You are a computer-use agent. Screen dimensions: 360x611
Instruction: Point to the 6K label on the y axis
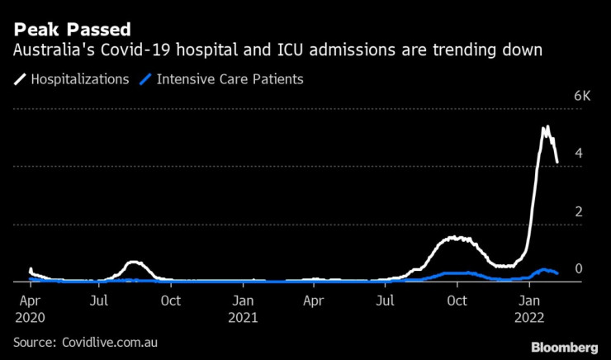pyautogui.click(x=583, y=97)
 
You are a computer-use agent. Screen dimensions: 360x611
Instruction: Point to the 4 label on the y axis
pyautogui.click(x=578, y=154)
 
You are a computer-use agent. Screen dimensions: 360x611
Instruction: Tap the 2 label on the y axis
pyautogui.click(x=578, y=211)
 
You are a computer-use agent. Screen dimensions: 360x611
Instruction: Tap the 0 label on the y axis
pyautogui.click(x=578, y=269)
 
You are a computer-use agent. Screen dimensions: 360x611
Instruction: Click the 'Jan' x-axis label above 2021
pyautogui.click(x=244, y=301)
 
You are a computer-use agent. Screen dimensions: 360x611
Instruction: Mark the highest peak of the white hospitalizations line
pyautogui.click(x=546, y=127)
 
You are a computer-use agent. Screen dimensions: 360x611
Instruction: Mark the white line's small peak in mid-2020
pyautogui.click(x=135, y=263)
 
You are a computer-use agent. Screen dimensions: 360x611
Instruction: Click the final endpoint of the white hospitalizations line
pyautogui.click(x=557, y=163)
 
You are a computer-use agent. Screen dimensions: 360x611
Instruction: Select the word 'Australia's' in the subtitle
pyautogui.click(x=46, y=50)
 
